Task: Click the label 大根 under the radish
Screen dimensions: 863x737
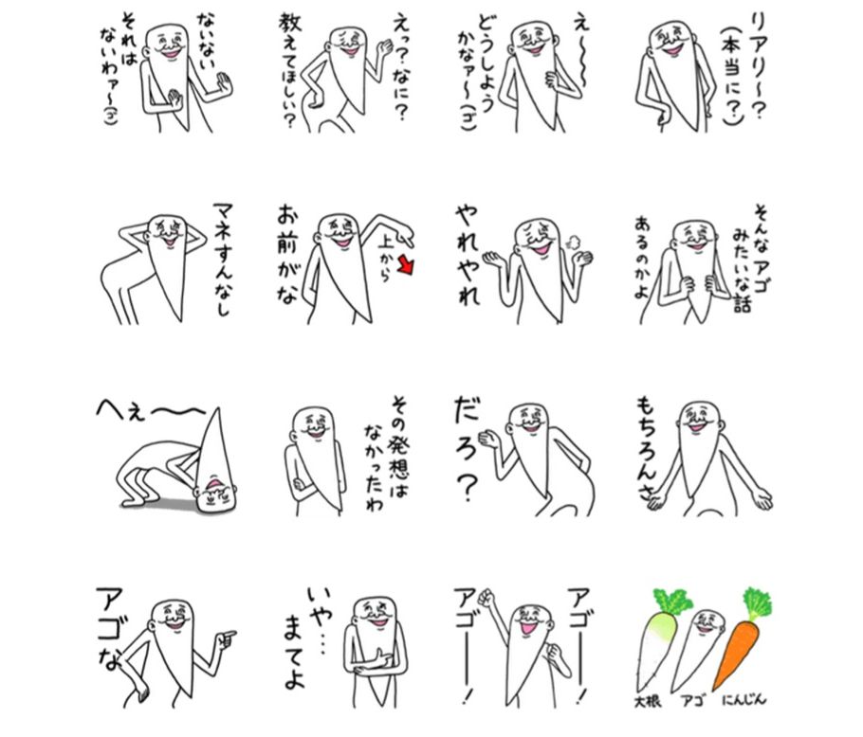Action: [x=648, y=701]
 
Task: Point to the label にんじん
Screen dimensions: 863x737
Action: [x=744, y=700]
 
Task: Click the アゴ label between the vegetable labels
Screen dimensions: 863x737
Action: [x=692, y=701]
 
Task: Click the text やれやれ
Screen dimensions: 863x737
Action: [x=468, y=255]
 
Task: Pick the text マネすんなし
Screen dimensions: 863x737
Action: [x=222, y=260]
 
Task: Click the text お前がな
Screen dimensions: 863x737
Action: [x=288, y=253]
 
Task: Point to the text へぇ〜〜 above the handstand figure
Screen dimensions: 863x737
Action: [x=150, y=409]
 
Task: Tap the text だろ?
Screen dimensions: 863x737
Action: [x=467, y=450]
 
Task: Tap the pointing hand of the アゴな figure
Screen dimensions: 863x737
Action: [x=225, y=638]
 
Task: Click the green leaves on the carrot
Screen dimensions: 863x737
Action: [x=758, y=604]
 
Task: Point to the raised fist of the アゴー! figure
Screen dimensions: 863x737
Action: [x=486, y=597]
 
